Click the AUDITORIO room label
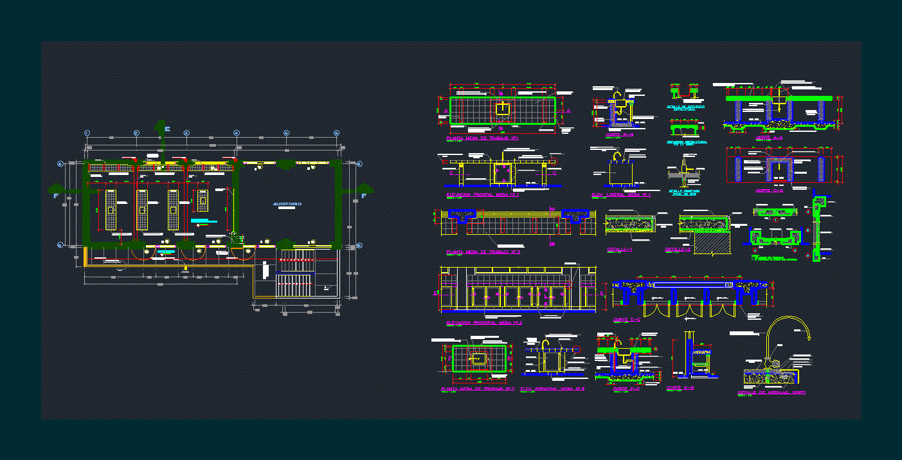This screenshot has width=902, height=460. click(287, 204)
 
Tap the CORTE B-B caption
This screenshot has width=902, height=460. click(620, 136)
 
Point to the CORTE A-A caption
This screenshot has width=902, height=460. click(769, 138)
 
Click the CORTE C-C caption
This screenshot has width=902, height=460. click(769, 190)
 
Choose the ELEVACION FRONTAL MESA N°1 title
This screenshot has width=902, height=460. click(482, 194)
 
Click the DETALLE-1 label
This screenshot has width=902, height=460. click(620, 250)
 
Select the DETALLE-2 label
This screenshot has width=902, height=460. click(677, 250)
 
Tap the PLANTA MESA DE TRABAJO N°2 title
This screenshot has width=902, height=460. click(482, 252)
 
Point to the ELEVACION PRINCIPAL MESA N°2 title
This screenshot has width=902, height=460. click(483, 323)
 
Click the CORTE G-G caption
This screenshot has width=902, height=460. click(680, 388)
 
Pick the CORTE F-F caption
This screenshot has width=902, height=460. click(626, 389)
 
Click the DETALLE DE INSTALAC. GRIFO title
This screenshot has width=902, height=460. click(771, 392)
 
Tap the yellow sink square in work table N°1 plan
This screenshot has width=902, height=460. click(502, 109)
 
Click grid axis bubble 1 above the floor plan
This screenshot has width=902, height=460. click(87, 133)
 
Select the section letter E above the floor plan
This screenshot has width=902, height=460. click(167, 129)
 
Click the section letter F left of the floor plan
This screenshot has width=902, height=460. click(56, 195)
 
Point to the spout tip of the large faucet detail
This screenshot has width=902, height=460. click(807, 336)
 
